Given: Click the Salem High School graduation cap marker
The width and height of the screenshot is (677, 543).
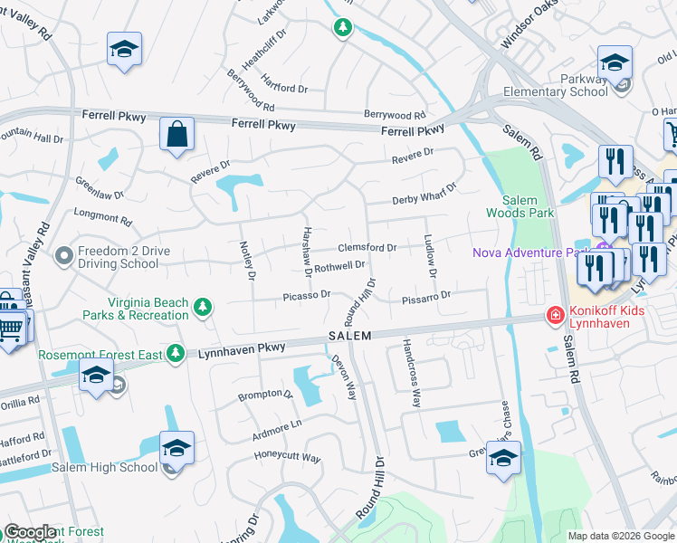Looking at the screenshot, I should pyautogui.click(x=176, y=448).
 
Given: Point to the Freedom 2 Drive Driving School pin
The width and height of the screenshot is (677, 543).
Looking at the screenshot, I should pyautogui.click(x=63, y=256).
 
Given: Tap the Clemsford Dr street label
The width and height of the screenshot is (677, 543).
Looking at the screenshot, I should pyautogui.click(x=367, y=247).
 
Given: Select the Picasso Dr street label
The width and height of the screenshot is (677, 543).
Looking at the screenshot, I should pyautogui.click(x=307, y=295).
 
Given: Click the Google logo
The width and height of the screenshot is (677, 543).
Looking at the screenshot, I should pyautogui.click(x=30, y=532).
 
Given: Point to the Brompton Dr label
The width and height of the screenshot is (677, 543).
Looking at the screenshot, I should pyautogui.click(x=265, y=395).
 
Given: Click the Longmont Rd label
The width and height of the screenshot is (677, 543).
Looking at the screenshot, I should pyautogui.click(x=97, y=216).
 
